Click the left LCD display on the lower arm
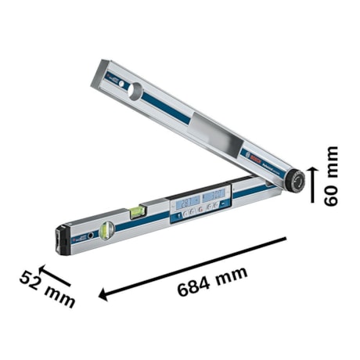(x=189, y=203)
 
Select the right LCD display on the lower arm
(x=214, y=196)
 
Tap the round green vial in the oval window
(x=107, y=228)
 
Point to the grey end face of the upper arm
(x=104, y=66)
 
